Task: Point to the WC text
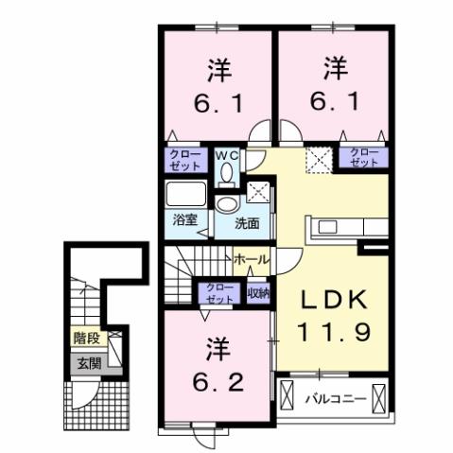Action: click(x=227, y=154)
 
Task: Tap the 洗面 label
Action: click(x=248, y=224)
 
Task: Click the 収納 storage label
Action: click(x=257, y=293)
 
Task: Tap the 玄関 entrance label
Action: click(x=88, y=363)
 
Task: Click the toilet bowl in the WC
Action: click(x=227, y=172)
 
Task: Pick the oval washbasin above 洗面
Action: click(x=228, y=204)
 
